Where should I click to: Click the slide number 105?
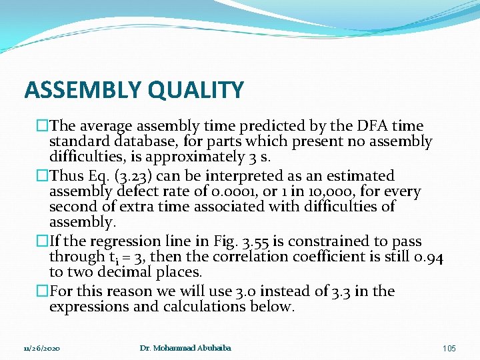tap(449, 349)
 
